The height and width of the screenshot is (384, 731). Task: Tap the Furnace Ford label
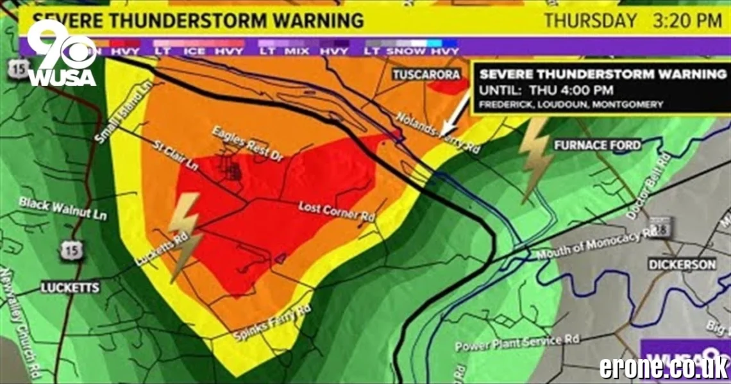click(598, 145)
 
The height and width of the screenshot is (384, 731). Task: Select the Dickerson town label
click(682, 264)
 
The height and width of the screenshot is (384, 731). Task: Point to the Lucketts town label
click(70, 288)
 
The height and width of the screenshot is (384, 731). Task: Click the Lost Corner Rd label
click(337, 210)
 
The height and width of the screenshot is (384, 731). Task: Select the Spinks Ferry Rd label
click(272, 323)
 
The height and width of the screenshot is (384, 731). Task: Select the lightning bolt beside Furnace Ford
click(534, 158)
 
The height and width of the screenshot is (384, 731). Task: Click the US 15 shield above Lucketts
click(72, 251)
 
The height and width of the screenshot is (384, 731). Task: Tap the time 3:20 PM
click(687, 21)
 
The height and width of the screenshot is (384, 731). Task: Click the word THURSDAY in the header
click(590, 21)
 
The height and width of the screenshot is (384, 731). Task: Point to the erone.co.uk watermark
click(664, 367)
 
